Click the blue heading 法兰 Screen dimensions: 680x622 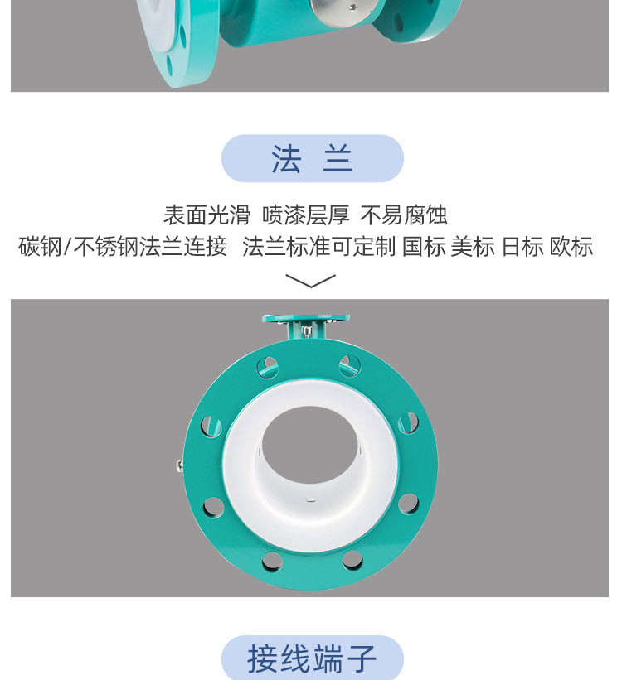coord(312,159)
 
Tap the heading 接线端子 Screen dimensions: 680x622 coord(312,660)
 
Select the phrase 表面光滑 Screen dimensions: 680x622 coord(207,216)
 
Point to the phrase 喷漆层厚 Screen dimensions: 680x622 coord(305,216)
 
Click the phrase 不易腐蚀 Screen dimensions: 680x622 coord(404,216)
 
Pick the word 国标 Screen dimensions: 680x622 coord(424,247)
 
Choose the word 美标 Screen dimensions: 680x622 coord(473,247)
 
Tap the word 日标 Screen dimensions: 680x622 coord(522,247)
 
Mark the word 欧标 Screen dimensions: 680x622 coord(571,247)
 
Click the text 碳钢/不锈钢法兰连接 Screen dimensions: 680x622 coord(123,247)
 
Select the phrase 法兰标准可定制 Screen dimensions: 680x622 coord(318,247)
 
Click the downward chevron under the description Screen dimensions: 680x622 coord(310,282)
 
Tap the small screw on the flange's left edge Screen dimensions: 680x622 coord(179,466)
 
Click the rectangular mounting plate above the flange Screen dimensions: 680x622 coord(306,317)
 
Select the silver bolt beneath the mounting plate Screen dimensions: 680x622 coord(308,332)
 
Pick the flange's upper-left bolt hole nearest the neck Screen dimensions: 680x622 coord(269,364)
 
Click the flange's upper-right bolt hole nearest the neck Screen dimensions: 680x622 coord(350,364)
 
